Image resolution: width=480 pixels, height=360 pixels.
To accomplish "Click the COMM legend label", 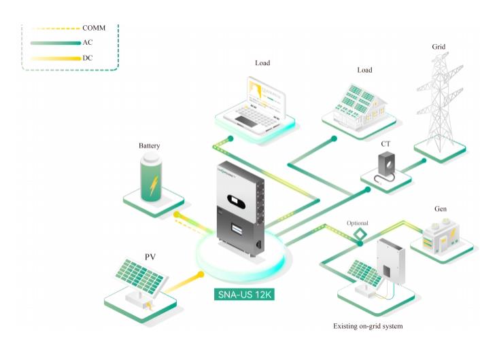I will (x=94, y=28).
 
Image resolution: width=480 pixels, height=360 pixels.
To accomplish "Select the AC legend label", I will (x=88, y=43).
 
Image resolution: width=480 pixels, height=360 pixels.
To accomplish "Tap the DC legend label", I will (x=88, y=58).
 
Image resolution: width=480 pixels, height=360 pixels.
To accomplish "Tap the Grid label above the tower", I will (x=439, y=47).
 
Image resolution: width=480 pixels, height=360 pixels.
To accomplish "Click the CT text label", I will (x=385, y=144).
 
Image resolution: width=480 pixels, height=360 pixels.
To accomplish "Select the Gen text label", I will (x=440, y=209).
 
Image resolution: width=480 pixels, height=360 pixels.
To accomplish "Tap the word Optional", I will (x=358, y=222).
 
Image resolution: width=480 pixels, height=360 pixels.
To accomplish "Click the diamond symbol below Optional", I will (x=358, y=234).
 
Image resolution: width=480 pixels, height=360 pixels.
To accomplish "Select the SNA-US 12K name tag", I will (x=242, y=295).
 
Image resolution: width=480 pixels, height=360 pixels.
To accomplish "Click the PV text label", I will (x=150, y=257).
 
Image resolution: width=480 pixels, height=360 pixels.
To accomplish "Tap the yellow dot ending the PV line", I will (x=201, y=274).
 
